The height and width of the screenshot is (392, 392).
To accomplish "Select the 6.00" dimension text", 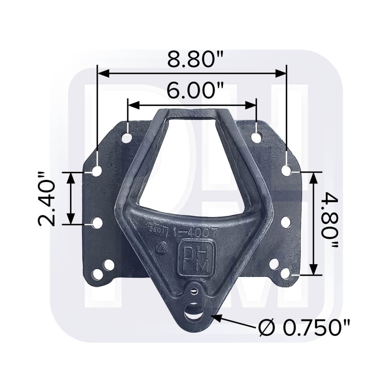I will pos(192,91).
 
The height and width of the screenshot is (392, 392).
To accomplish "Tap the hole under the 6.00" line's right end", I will pos(256,138).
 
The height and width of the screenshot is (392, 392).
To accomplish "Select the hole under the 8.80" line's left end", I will pos(97,171).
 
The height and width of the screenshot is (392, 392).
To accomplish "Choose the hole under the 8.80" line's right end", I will pos(287,171).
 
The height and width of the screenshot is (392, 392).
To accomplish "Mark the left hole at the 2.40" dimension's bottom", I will pos(97,223).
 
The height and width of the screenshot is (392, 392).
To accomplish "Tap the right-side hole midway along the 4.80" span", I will pos(286,222).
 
